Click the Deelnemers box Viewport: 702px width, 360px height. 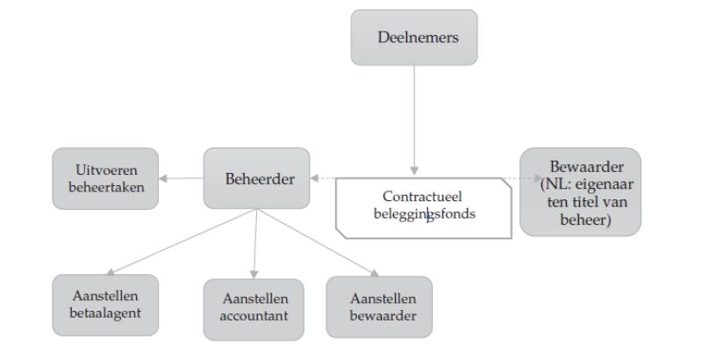pos(414,38)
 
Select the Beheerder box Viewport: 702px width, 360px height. pos(256,178)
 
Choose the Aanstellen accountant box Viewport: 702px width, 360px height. pos(253,308)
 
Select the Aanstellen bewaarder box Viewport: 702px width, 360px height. pos(378,306)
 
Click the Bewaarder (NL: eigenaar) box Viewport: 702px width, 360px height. pos(580,191)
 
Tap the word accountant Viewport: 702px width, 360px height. pos(253,317)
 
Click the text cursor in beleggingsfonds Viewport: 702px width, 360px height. pos(429,215)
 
